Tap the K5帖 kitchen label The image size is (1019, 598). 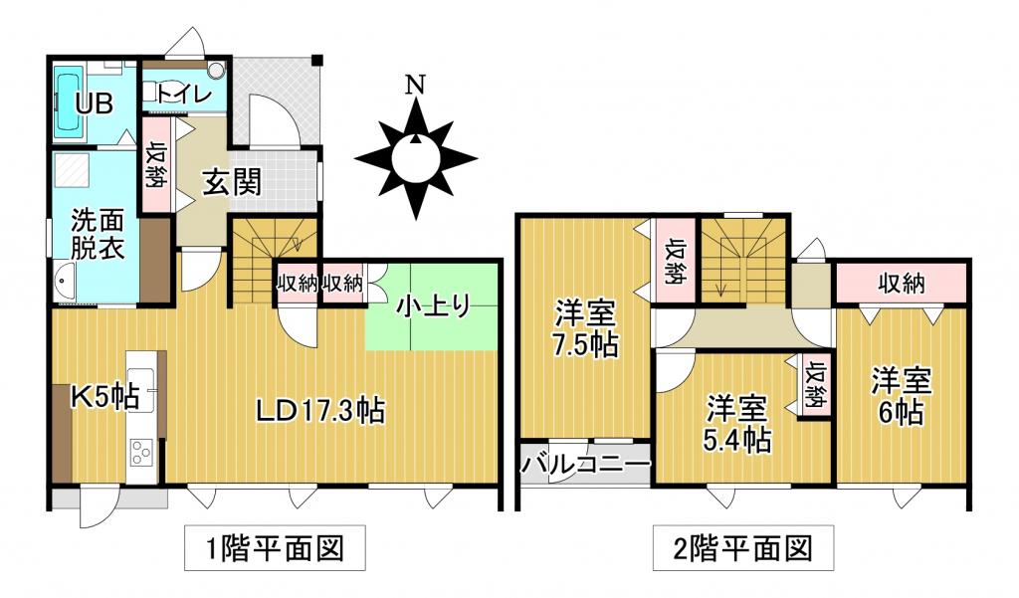103,397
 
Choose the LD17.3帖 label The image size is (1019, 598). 319,410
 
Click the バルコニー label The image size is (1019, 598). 585,464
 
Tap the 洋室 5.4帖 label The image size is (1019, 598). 736,422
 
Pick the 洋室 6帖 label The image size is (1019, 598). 901,395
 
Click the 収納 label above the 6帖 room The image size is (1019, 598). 901,284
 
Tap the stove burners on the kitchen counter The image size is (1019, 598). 140,453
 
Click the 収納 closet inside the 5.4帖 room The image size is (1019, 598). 816,385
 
